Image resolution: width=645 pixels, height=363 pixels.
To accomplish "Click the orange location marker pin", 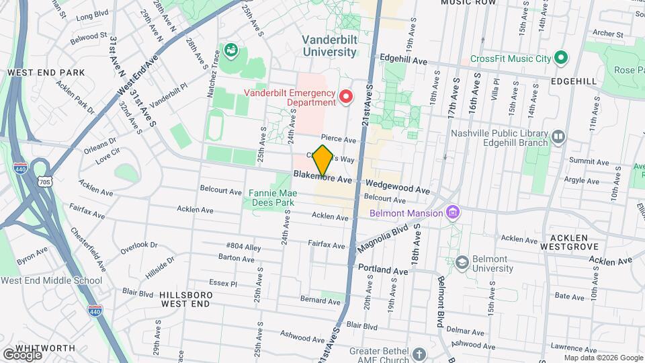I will (323, 160).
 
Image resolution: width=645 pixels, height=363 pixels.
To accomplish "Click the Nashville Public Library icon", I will (558, 138).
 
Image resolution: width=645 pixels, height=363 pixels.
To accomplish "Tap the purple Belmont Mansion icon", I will (454, 213).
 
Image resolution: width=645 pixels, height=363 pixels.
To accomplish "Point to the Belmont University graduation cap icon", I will (462, 262).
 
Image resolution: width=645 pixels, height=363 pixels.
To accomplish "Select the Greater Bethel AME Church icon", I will (419, 354).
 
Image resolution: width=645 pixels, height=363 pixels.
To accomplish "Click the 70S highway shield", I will (45, 182).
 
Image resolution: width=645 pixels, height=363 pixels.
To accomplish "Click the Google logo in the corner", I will (22, 354).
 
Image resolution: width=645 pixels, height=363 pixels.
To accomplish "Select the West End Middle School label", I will (51, 280).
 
